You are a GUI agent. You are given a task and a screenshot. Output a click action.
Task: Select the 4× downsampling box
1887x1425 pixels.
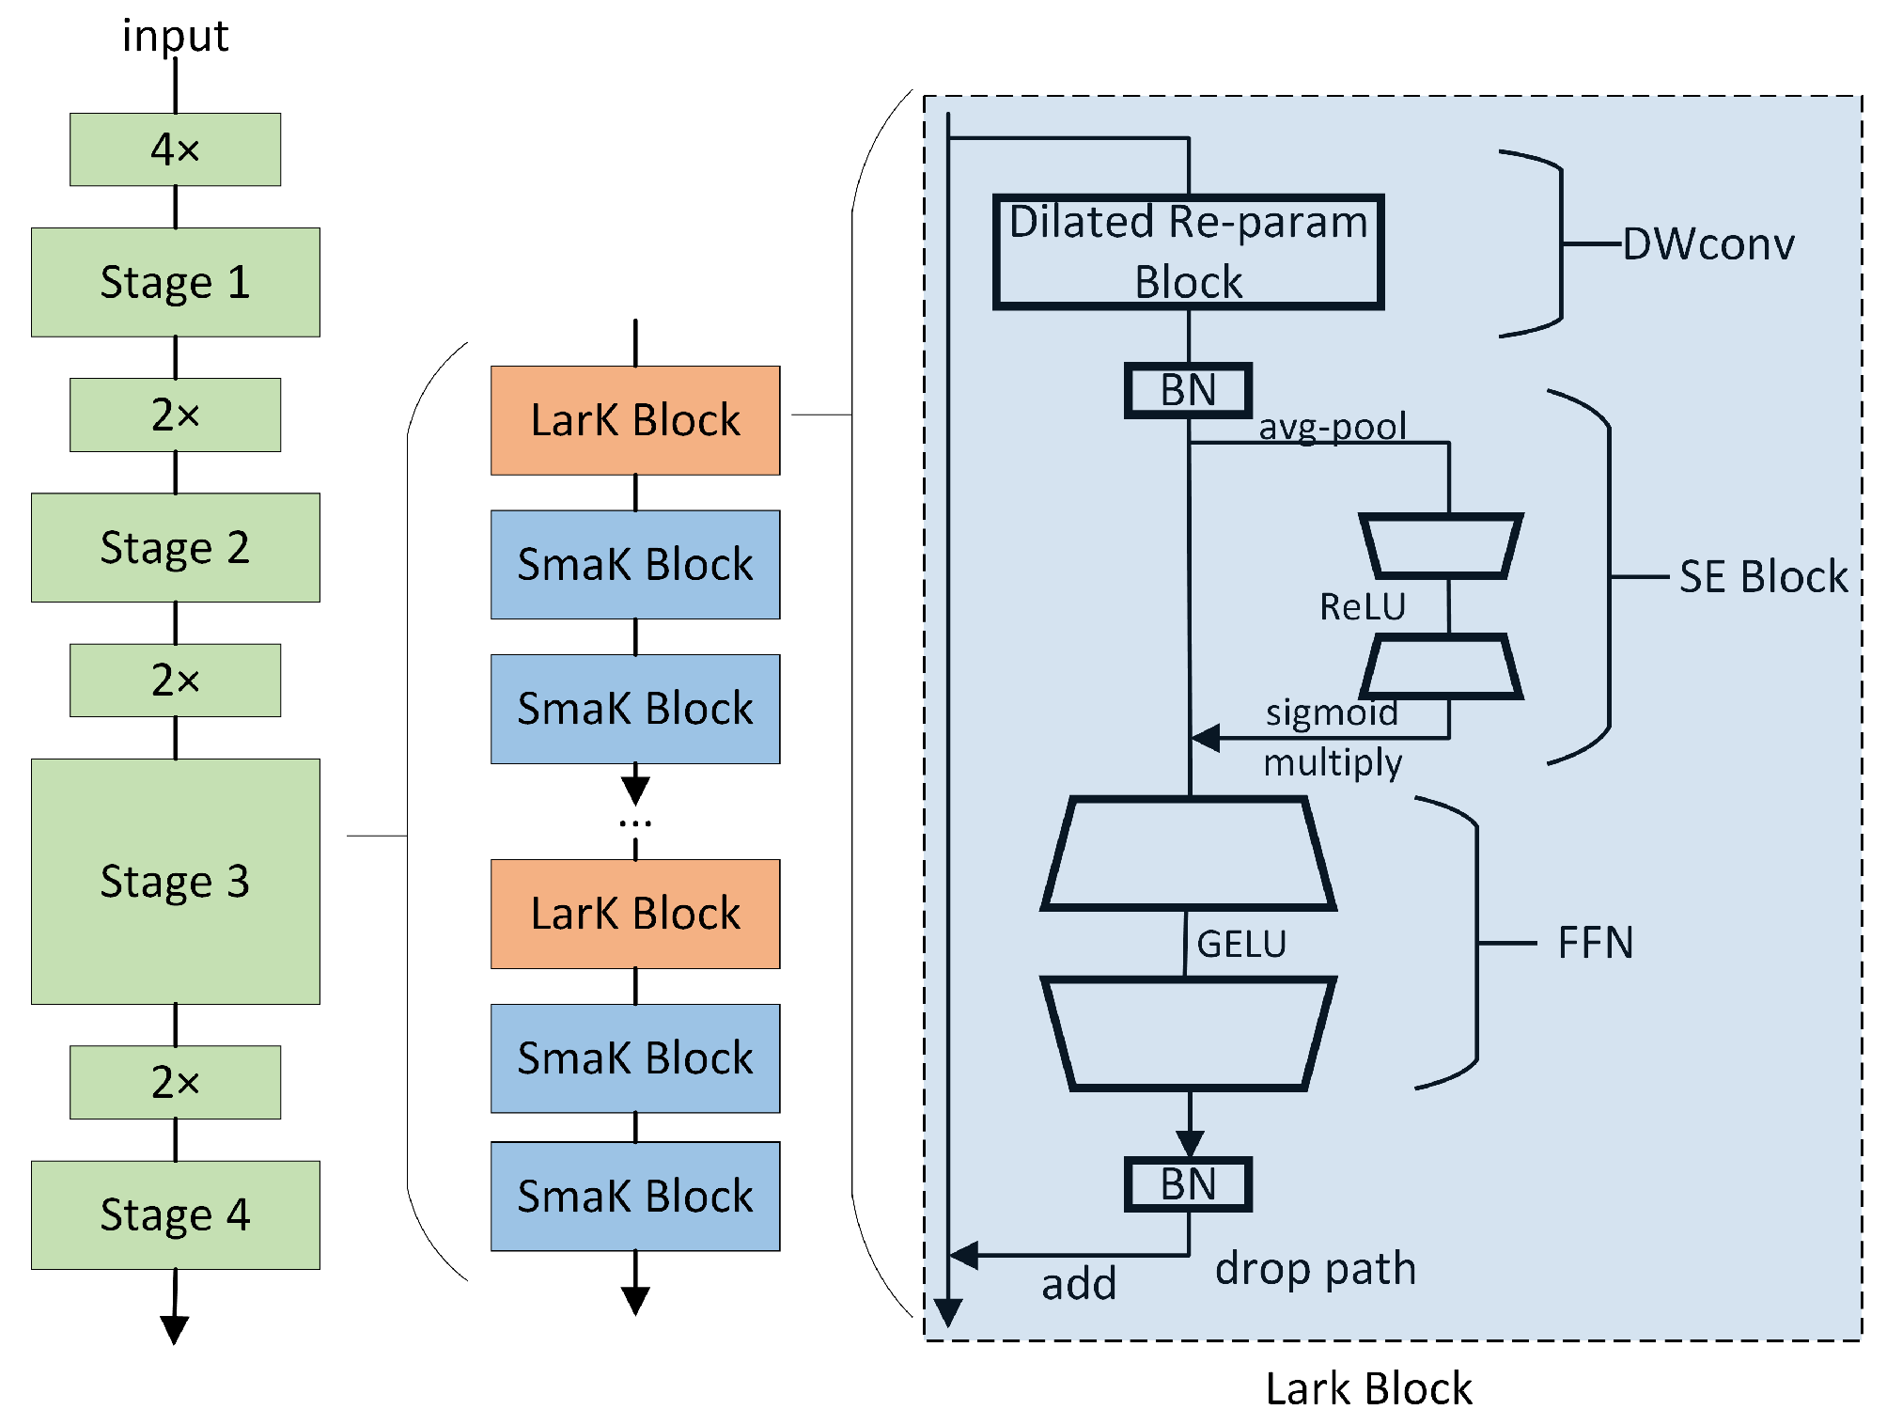coord(175,149)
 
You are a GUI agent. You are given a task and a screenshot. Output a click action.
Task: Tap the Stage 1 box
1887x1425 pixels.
coord(175,282)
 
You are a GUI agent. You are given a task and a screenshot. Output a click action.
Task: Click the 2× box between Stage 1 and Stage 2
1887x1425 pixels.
coord(175,415)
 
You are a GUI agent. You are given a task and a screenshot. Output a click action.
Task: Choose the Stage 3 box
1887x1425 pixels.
coord(175,881)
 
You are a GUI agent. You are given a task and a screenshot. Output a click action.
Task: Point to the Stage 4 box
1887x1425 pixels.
coord(175,1214)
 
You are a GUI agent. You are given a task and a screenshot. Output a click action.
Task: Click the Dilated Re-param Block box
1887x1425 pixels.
coord(1188,252)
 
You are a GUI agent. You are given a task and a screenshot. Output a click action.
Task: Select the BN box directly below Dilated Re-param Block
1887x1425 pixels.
coord(1188,390)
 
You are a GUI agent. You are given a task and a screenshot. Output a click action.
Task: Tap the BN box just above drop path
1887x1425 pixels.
coord(1188,1184)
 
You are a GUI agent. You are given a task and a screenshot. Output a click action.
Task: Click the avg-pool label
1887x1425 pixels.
coord(1332,427)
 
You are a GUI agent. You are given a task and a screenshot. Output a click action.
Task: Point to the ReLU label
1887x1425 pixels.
coord(1362,607)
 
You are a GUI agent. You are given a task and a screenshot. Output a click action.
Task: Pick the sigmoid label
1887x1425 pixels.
coord(1331,712)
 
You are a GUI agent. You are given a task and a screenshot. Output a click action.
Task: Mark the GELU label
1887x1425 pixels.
coord(1240,944)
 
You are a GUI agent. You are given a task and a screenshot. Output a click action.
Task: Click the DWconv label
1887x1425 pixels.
coord(1708,244)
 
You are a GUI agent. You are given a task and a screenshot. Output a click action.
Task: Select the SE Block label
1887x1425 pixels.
coord(1763,576)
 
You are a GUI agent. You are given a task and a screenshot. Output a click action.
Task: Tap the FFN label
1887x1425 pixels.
coord(1595,943)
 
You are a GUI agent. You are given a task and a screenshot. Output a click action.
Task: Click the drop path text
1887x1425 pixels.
coord(1315,1269)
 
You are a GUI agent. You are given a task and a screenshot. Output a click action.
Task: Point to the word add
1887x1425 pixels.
coord(1078,1284)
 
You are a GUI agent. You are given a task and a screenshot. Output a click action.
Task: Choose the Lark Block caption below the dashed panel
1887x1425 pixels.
coord(1368,1388)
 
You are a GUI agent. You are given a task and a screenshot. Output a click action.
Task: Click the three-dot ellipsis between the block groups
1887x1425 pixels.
coord(635,823)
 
